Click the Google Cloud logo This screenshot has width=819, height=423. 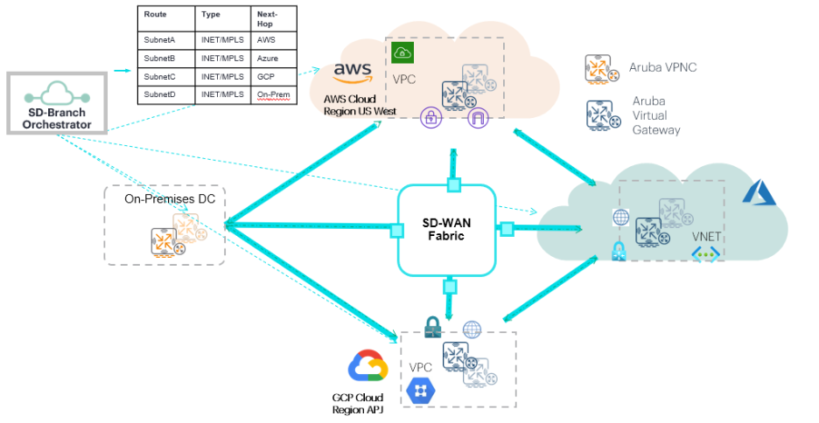367,366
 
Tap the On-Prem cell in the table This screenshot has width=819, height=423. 274,94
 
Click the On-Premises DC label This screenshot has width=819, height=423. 170,200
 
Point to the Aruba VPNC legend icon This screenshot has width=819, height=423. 600,68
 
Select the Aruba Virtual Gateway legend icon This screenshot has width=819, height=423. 600,115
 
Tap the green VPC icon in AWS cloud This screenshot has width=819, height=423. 402,52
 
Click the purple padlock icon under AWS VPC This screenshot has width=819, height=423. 430,117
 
